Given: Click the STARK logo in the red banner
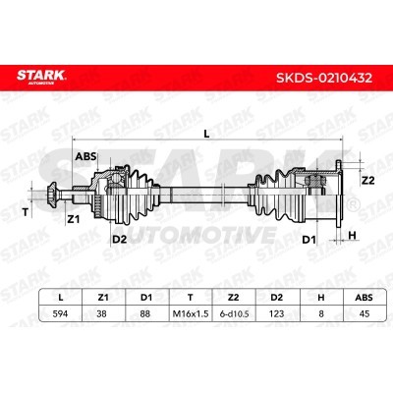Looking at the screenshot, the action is point(41,77).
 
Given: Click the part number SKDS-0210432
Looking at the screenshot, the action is point(324,78).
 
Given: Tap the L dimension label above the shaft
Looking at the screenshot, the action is point(206,134).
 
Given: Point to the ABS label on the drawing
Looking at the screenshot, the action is point(85,156).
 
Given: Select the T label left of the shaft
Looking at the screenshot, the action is point(26,212).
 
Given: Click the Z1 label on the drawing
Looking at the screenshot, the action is point(74,220).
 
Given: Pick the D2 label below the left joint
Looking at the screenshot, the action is point(120,240).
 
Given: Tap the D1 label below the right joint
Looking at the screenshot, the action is point(309,240).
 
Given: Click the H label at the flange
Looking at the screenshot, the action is point(352,235).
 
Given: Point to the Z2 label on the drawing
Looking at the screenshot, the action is point(367,180).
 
